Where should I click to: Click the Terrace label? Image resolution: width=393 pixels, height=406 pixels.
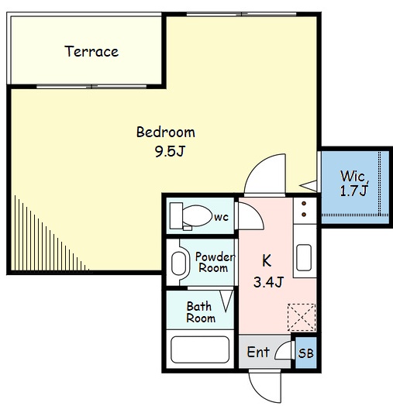click(x=91, y=51)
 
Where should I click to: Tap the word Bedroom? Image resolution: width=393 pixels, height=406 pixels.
click(x=166, y=132)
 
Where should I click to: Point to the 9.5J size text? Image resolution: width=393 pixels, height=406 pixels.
click(x=170, y=151)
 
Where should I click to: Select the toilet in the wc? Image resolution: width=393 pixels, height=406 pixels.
click(x=191, y=216)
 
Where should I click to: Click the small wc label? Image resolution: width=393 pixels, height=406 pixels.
click(x=221, y=217)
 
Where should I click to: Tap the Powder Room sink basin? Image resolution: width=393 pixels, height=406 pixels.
click(x=179, y=263)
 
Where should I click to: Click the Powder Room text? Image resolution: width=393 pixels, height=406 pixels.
click(x=215, y=263)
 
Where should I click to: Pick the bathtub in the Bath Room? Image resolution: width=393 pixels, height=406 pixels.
click(x=200, y=349)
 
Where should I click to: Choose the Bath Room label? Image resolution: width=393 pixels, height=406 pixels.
click(x=201, y=312)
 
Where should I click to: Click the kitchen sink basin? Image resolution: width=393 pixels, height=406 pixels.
click(x=304, y=257)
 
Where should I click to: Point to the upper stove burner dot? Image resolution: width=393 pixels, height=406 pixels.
click(x=304, y=204)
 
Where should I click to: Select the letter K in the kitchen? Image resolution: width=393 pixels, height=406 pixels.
click(x=267, y=261)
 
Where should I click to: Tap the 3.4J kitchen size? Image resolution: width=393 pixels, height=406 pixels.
click(x=269, y=282)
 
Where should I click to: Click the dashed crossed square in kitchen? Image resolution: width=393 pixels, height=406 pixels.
click(x=302, y=318)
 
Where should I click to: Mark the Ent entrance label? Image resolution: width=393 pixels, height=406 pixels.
click(x=258, y=352)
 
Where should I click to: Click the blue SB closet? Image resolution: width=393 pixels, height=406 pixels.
click(x=306, y=353)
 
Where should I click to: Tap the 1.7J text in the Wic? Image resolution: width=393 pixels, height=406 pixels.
click(x=353, y=191)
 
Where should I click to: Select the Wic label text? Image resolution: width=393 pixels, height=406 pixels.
click(x=354, y=177)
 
